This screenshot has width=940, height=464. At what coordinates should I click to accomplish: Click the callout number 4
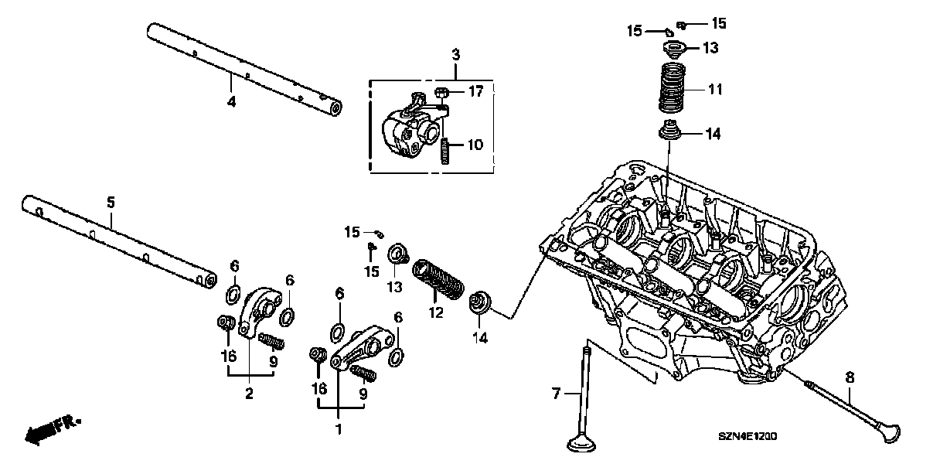tap(231, 101)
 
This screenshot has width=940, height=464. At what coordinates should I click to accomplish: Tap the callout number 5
tap(110, 203)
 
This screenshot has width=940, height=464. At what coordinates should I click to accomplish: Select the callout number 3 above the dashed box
tap(455, 54)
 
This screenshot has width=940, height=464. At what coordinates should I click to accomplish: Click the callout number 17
tap(475, 92)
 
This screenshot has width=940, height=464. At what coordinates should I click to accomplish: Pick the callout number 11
tap(715, 90)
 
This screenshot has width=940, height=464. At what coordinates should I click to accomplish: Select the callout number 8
tap(850, 378)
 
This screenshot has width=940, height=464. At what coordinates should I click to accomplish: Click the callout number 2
tap(249, 394)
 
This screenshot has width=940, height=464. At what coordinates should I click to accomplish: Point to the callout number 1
tap(337, 428)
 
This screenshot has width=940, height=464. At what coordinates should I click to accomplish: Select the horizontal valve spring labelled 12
tap(439, 279)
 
